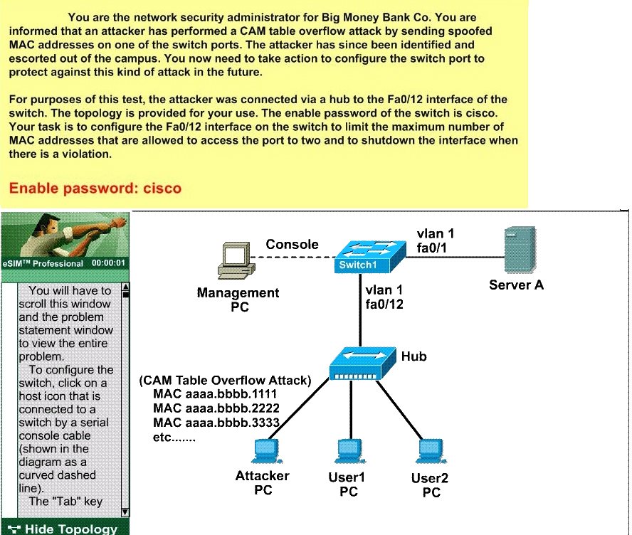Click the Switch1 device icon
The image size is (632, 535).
point(369,257)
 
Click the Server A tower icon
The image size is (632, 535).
point(520,250)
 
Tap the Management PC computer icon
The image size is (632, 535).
point(236,260)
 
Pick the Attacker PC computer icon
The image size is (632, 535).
point(266,452)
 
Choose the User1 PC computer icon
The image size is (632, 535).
point(350,452)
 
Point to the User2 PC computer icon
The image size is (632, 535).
point(431,452)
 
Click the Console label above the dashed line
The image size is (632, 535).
point(292,244)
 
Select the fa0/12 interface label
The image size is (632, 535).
point(384,304)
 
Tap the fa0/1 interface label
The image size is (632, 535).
point(432,248)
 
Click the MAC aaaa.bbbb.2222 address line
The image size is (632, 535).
point(216,408)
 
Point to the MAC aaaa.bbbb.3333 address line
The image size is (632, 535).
point(216,422)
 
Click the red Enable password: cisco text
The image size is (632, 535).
point(95,188)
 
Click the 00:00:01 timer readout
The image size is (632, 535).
point(108,263)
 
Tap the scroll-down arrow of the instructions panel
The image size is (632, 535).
point(125,512)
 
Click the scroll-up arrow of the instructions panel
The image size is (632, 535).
point(125,287)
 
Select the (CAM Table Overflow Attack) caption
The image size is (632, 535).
point(225,381)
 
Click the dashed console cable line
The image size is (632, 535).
point(293,257)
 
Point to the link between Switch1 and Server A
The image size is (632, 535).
point(455,257)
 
